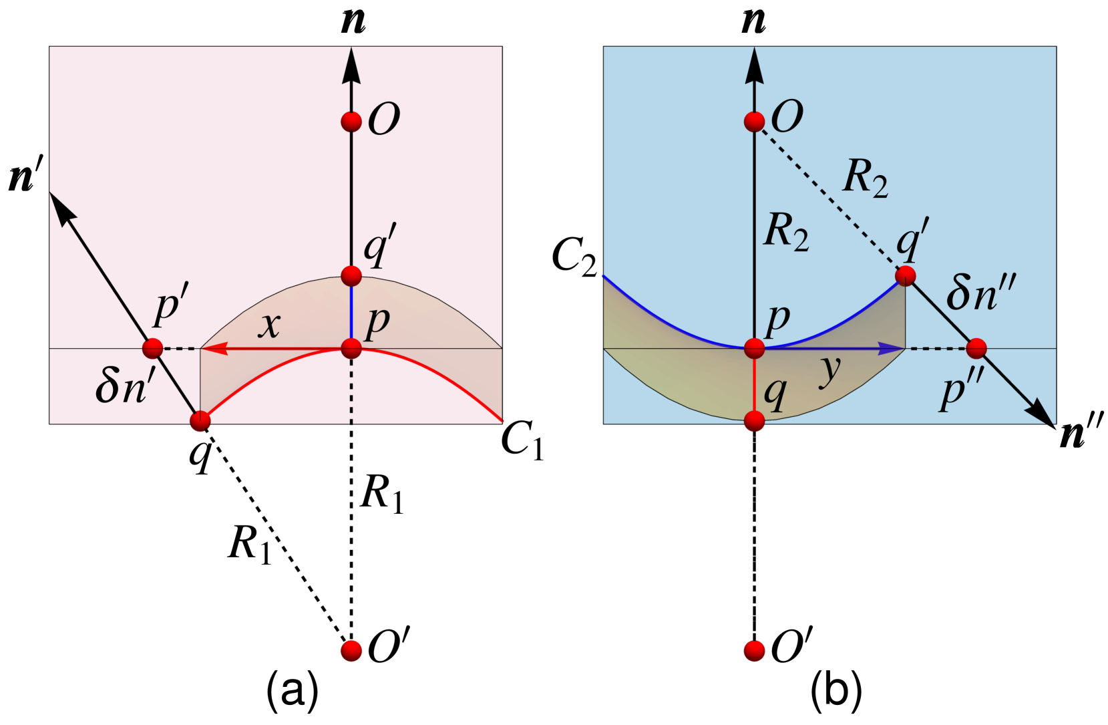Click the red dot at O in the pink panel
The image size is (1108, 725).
point(351,122)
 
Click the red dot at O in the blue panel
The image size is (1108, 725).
point(754,122)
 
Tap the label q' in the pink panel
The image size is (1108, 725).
point(380,245)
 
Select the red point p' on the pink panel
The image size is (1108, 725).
point(152,348)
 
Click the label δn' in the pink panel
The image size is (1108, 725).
point(125,386)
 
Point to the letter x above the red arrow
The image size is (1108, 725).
point(270,325)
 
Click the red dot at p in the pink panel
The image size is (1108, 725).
point(351,348)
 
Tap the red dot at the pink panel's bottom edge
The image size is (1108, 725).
point(200,421)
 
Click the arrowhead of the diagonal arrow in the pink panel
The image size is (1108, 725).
point(62,208)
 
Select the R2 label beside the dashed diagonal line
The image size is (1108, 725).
point(865,178)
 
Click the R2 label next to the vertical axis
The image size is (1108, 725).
point(786,231)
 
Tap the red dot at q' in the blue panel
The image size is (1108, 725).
point(905,275)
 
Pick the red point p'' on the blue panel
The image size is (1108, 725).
point(976,348)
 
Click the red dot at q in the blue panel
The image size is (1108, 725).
point(754,421)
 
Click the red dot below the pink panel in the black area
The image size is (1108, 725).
point(351,650)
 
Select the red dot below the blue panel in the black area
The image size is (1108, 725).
point(754,650)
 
